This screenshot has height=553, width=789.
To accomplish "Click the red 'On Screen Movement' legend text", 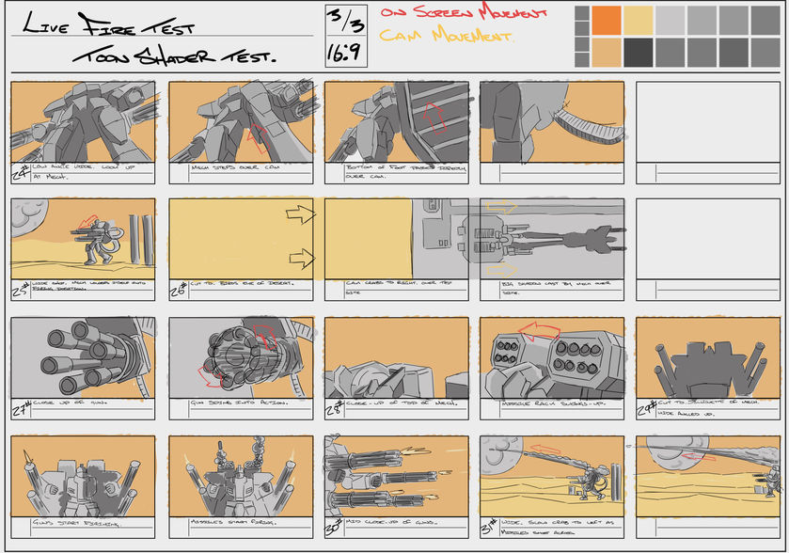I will pyautogui.click(x=463, y=14).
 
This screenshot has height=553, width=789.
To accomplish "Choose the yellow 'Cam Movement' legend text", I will pyautogui.click(x=446, y=37).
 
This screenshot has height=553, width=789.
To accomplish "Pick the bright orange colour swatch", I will pyautogui.click(x=607, y=19).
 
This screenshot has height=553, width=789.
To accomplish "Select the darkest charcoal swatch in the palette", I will pyautogui.click(x=639, y=51).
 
